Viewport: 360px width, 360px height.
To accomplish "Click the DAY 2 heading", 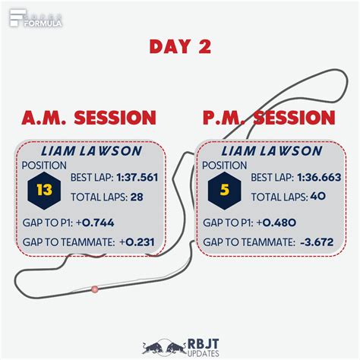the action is [x=180, y=46].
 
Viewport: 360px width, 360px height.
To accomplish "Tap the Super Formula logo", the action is [x=36, y=18].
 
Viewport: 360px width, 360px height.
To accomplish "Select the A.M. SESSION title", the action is [x=89, y=118].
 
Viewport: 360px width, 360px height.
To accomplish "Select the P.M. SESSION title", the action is [x=269, y=118].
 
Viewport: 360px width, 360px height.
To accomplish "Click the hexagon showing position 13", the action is [x=44, y=191].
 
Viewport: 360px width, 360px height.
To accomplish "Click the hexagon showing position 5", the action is [x=225, y=191].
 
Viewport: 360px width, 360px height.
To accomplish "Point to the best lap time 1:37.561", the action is [x=137, y=177].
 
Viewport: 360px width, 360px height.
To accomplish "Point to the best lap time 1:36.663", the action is [x=319, y=177].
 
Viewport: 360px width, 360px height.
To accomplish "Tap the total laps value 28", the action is [x=137, y=197].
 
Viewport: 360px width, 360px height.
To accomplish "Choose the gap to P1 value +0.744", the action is [x=95, y=223].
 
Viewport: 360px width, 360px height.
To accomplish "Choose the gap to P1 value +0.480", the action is [x=276, y=223].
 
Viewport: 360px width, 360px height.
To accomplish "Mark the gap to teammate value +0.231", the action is [x=137, y=242].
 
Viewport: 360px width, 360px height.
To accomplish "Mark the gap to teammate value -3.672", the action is [x=317, y=242].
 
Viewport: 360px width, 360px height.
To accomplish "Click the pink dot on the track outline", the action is [x=95, y=289].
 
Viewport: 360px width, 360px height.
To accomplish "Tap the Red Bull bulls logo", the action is [x=164, y=347].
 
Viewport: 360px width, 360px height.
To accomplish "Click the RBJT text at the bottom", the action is [x=203, y=344].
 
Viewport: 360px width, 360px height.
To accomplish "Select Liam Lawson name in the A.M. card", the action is [x=91, y=151].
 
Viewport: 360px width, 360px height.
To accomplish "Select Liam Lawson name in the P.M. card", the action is [x=272, y=151].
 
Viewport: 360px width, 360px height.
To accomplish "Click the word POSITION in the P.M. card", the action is [x=224, y=166].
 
